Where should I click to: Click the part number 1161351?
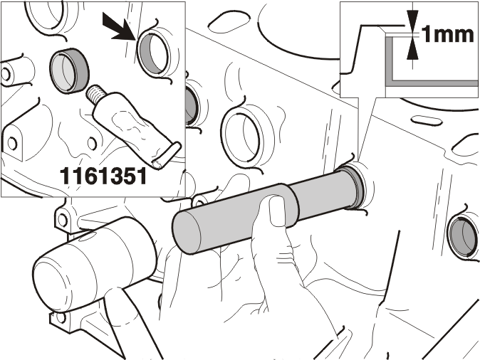click(103, 176)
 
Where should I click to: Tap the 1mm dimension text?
click(448, 34)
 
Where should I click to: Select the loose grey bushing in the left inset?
click(70, 70)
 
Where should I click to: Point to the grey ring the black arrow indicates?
click(152, 54)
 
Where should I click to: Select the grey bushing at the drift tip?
click(355, 186)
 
